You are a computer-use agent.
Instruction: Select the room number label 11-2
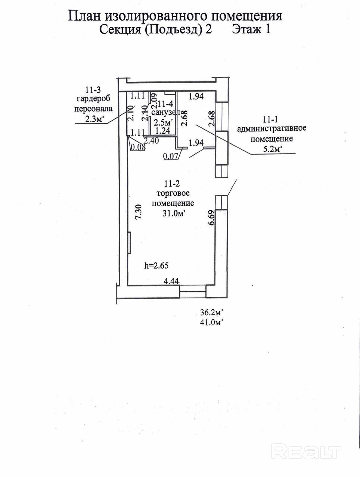point(172,184)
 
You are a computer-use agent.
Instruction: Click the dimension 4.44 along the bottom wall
point(172,282)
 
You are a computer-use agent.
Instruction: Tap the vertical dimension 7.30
point(138,214)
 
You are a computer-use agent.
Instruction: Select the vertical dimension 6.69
point(211,217)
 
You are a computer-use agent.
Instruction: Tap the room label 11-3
point(93,90)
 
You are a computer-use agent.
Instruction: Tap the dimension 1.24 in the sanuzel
point(162,131)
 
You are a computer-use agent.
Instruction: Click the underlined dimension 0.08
point(138,147)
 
